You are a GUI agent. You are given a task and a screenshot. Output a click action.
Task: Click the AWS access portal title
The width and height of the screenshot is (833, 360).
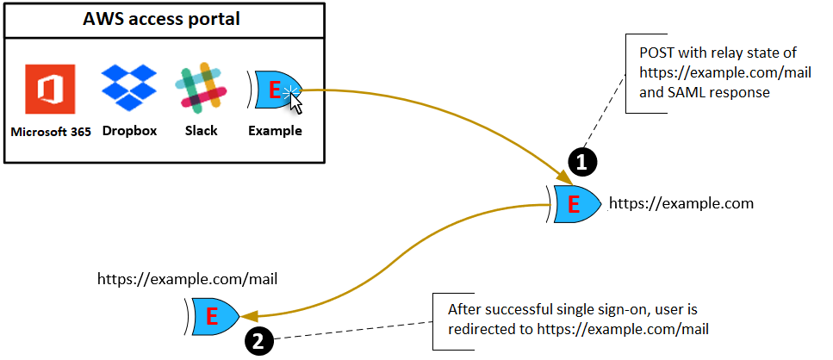(165, 18)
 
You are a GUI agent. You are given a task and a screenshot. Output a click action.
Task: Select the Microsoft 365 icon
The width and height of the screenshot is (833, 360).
(50, 90)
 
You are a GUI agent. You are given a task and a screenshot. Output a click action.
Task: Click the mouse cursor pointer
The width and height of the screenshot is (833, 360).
(296, 102)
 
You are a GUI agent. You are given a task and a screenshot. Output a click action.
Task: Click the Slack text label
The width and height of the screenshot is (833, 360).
(201, 131)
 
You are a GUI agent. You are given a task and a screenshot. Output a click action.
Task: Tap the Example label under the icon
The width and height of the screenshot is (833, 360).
(275, 131)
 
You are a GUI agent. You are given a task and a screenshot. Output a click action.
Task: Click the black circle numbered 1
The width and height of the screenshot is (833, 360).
(582, 160)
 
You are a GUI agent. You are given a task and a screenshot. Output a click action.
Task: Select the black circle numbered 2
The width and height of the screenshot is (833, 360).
(261, 340)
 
